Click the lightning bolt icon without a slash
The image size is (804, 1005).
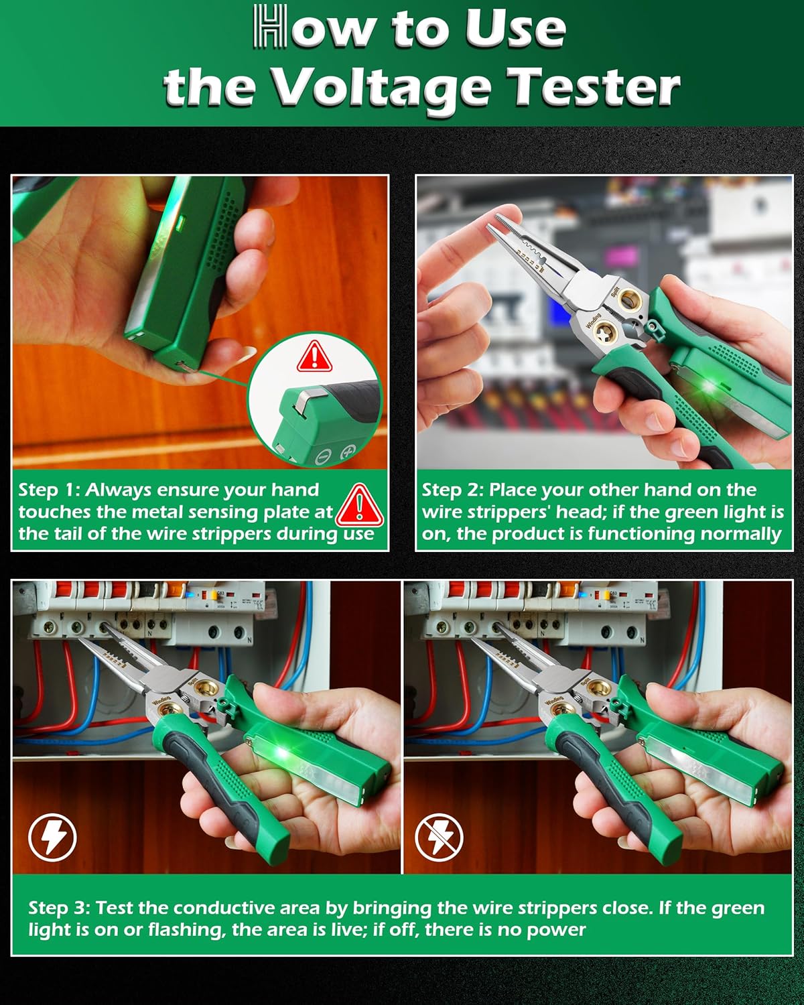coord(52,837)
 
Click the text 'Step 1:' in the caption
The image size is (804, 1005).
coord(48,490)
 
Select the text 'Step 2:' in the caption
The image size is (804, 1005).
coord(452,490)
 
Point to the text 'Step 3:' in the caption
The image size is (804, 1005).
coord(59,908)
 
